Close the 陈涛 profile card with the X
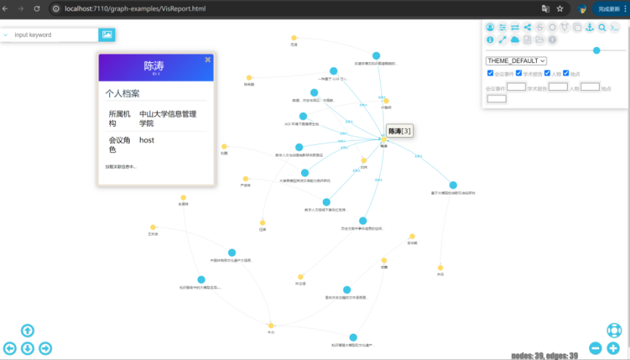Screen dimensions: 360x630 click(208, 59)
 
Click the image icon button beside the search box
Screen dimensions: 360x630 click(107, 35)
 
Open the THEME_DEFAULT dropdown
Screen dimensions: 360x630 click(516, 61)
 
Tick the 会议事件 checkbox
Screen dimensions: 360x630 click(491, 74)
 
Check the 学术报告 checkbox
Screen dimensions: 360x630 click(519, 74)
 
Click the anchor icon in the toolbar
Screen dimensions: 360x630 click(590, 28)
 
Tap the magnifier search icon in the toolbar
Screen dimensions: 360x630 click(602, 28)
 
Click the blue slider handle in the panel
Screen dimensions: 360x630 click(597, 50)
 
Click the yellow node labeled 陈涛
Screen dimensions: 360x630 click(384, 138)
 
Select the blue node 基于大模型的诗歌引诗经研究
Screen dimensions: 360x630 click(453, 185)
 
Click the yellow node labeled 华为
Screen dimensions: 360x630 click(271, 326)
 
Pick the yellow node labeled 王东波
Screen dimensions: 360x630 click(153, 227)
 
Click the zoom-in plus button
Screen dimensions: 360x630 click(613, 348)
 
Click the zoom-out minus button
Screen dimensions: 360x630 click(595, 348)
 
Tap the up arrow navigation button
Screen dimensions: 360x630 click(27, 330)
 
